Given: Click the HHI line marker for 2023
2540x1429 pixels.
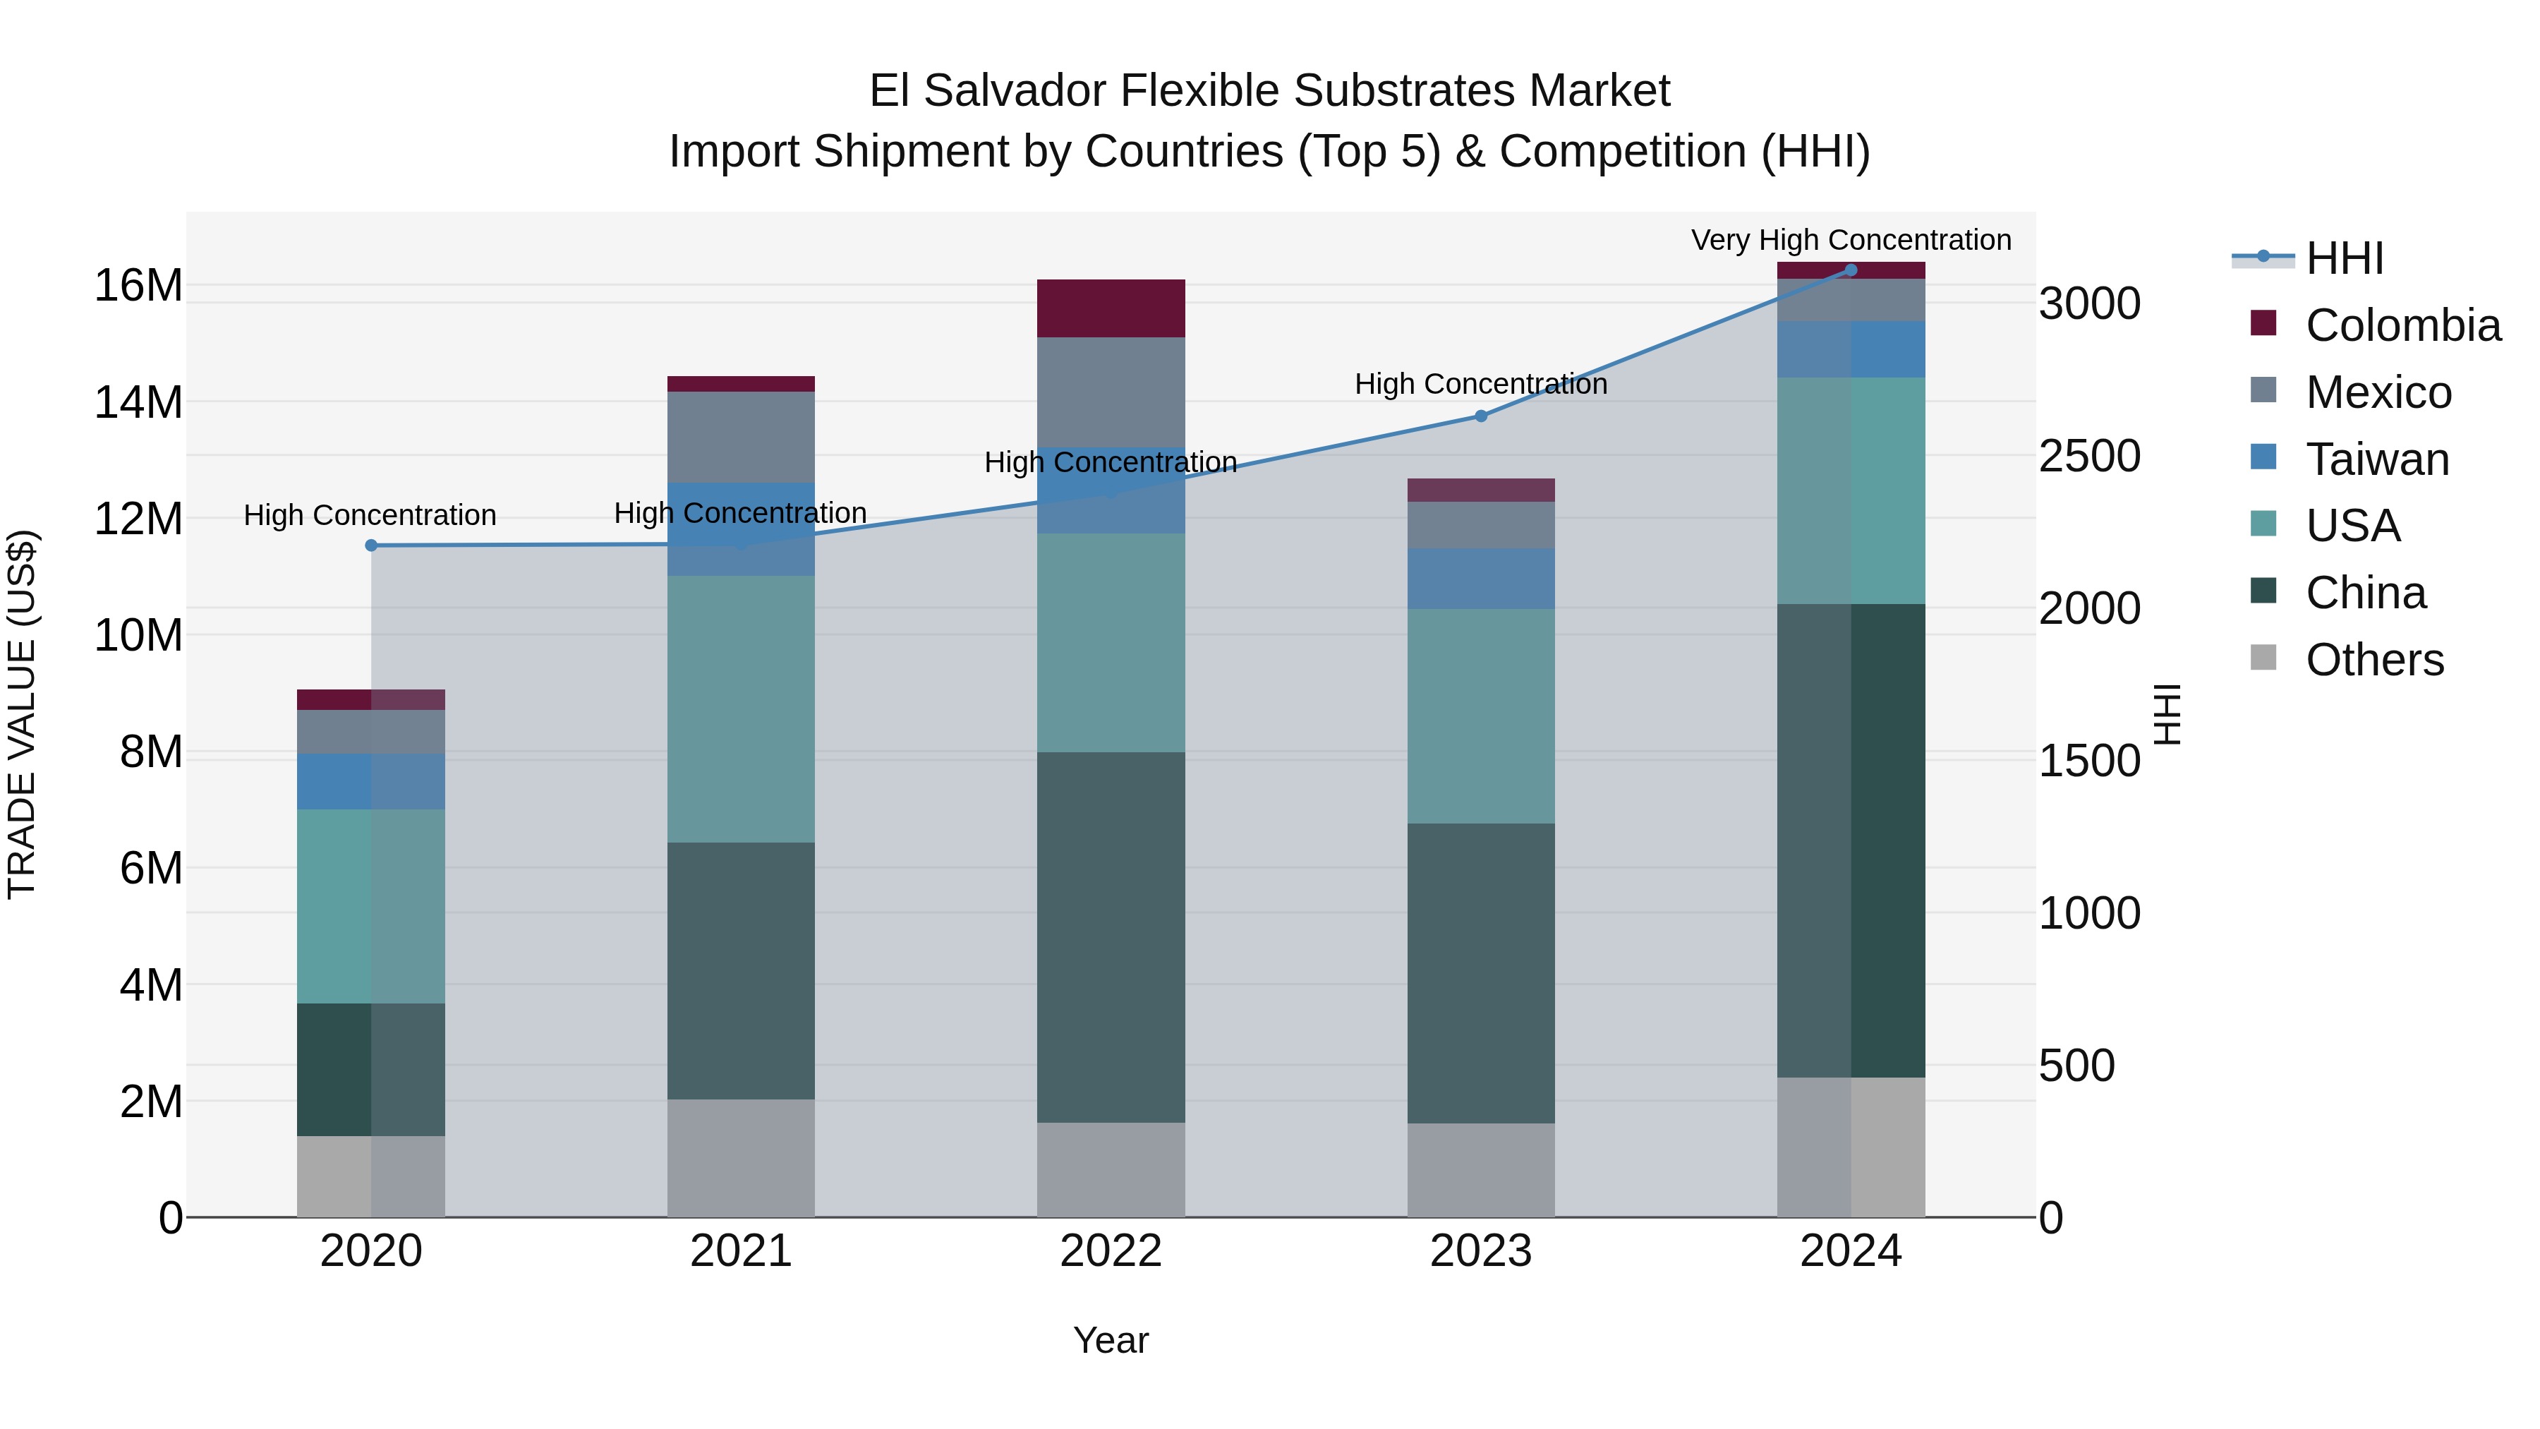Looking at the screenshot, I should pyautogui.click(x=1480, y=416).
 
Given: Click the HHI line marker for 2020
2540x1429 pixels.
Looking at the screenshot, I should pyautogui.click(x=372, y=545).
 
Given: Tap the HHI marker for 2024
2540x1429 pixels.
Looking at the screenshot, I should pyautogui.click(x=1851, y=270).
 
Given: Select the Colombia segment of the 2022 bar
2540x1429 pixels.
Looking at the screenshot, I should pyautogui.click(x=1111, y=308).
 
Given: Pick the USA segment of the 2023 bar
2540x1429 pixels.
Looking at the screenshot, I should pyautogui.click(x=1480, y=716).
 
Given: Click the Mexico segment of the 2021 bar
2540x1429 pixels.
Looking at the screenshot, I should pyautogui.click(x=741, y=437).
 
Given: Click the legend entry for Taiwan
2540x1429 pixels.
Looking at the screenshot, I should pyautogui.click(x=2376, y=459).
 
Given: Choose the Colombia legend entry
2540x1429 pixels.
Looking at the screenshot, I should pyautogui.click(x=2402, y=325).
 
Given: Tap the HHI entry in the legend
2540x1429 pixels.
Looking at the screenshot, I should pyautogui.click(x=2344, y=258).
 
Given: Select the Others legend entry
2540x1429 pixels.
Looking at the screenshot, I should pyautogui.click(x=2373, y=660).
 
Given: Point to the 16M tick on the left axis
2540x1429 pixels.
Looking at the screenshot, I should pyautogui.click(x=138, y=286).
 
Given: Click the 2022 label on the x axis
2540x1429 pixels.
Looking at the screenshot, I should pyautogui.click(x=1111, y=1251).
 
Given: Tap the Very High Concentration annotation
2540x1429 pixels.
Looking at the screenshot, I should pyautogui.click(x=1851, y=241).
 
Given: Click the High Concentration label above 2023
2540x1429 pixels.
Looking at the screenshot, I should pyautogui.click(x=1480, y=384).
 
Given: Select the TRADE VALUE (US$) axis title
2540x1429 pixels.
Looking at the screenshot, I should pyautogui.click(x=23, y=714).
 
